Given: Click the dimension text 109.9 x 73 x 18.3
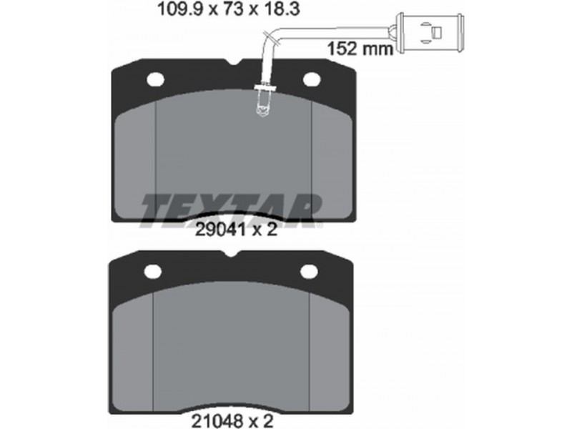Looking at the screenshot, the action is pos(228,9).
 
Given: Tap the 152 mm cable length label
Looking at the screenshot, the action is pos(360,49).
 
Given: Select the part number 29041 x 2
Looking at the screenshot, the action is pos(236,230).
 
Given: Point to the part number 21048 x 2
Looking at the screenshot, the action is pos(232,420).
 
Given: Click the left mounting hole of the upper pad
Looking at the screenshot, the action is pos(155,80).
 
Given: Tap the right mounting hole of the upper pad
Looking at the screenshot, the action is pos(312,80).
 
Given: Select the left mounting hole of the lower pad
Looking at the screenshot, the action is pos(152,271).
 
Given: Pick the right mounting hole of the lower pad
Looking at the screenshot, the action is pos(310,271).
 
